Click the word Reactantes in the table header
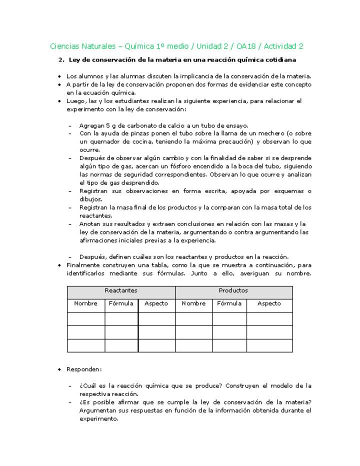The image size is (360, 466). coord(121,290)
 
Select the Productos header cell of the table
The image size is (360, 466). coord(233,290)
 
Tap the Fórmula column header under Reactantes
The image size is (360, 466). coord(121,303)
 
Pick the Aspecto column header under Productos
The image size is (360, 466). coord(269,303)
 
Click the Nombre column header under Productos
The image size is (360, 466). coord(193,303)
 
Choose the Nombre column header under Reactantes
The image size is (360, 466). coord(85,303)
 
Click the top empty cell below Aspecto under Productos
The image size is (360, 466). coord(269,319)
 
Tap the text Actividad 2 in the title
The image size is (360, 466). coord(283,46)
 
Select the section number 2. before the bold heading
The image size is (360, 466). coord(61,60)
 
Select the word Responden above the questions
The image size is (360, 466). coord(83,369)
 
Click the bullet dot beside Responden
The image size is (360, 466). coord(60,369)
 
